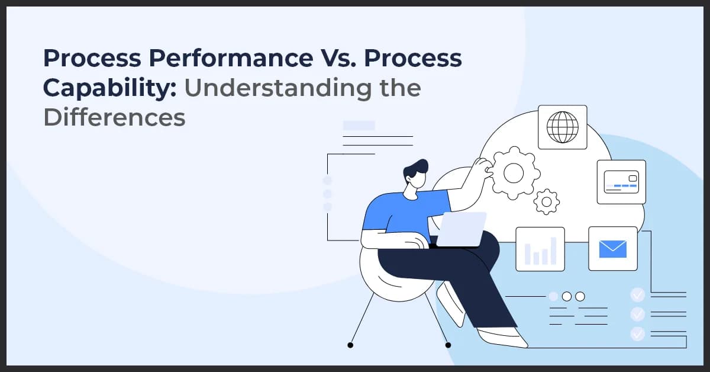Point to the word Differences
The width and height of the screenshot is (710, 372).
coord(114,117)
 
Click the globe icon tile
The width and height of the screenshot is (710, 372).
coord(562,127)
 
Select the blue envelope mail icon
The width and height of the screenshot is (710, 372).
coord(612,248)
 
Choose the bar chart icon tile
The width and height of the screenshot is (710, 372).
coord(540,249)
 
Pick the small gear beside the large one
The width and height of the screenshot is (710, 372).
coord(547,201)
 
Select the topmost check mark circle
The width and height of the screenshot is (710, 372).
coord(638,294)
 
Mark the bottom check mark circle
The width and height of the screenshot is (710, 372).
coord(638,333)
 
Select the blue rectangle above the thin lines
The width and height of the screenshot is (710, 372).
coord(359,126)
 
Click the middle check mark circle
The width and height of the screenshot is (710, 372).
coord(638,313)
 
